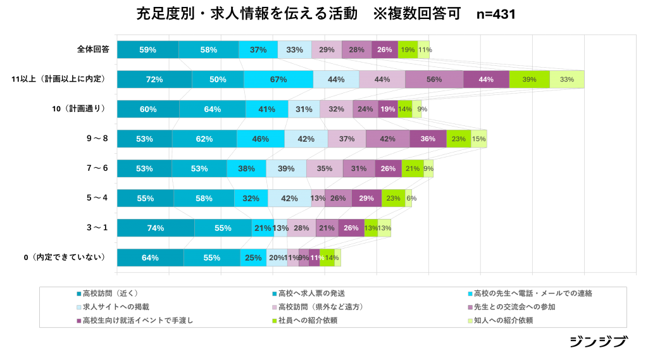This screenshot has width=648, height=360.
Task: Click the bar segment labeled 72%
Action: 154,79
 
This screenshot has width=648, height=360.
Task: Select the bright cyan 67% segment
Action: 278,79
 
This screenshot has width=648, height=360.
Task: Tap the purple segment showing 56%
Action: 434,79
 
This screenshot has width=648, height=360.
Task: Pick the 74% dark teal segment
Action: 156,228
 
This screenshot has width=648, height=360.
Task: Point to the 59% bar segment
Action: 147,49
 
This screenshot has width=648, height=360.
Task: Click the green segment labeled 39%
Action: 529,79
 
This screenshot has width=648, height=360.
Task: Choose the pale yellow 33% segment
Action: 566,79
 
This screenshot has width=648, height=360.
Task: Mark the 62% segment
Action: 204,139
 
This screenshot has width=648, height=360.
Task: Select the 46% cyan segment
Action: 261,139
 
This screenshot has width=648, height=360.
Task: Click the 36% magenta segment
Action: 428,139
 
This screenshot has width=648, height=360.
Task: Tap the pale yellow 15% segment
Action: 479,139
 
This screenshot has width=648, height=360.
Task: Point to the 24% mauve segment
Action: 365,109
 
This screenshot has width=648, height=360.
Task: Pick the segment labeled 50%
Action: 218,79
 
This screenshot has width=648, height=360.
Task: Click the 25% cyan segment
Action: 253,258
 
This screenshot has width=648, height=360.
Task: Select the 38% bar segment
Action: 246,168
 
